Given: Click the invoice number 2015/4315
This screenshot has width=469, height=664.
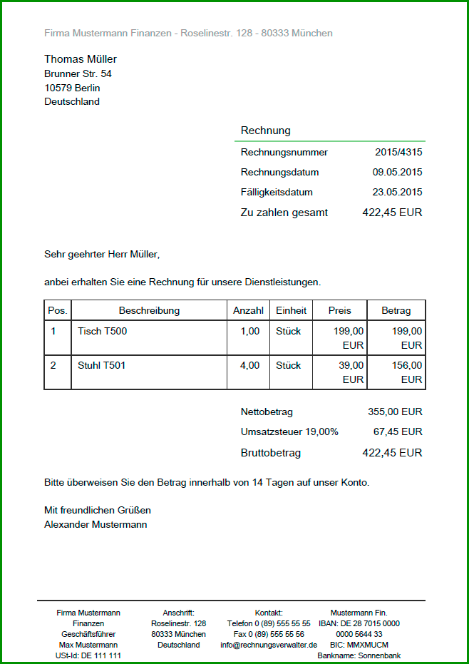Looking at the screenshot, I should coord(398,152).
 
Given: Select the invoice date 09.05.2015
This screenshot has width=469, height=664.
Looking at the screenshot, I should coord(397,172).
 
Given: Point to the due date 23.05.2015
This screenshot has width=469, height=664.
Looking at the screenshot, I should coord(397,192).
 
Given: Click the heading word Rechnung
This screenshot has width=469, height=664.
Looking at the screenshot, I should coord(265,131).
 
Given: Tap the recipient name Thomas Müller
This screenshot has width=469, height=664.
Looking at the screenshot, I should coord(81,59).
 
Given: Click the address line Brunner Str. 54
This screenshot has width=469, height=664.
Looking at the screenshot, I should coord(78,73).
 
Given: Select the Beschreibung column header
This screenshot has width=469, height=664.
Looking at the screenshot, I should coord(149,310).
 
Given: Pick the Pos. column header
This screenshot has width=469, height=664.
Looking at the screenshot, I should coord(58,310).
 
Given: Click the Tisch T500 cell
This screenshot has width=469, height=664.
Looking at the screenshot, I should coord(102,331).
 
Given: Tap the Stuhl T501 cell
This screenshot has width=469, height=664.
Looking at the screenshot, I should coord(101,365).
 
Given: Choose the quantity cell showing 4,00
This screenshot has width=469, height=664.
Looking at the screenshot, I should coord(249,365).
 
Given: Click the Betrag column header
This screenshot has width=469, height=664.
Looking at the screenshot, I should coord(396,310).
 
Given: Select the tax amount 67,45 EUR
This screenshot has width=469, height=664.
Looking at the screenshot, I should coord(398,431).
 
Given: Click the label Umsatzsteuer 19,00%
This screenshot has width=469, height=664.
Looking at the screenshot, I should coord(289,431).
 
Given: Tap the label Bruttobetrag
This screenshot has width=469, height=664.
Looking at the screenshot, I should coord(271,453).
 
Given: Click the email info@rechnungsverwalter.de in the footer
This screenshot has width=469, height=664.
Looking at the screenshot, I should coord(269,645).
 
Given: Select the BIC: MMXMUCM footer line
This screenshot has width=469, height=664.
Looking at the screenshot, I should coord(359,645).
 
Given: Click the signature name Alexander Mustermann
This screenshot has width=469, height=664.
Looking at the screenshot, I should coord(96,524).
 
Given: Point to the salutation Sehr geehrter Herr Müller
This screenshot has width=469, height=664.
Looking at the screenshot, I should coord(102,253).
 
